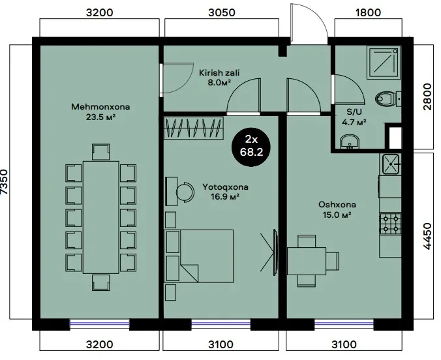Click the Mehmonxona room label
pyautogui.click(x=100, y=107)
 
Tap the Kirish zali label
pyautogui.click(x=219, y=73)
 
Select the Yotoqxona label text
pyautogui.click(x=225, y=187)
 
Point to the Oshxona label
pyautogui.click(x=337, y=205)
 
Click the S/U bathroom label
pyautogui.click(x=354, y=112)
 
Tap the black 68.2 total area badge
pyautogui.click(x=251, y=147)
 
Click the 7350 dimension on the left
pyautogui.click(x=5, y=182)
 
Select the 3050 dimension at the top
pyautogui.click(x=222, y=12)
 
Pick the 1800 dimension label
pyautogui.click(x=368, y=12)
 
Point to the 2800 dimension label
pyautogui.click(x=427, y=97)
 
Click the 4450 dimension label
pyautogui.click(x=427, y=236)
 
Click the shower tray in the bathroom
pyautogui.click(x=384, y=63)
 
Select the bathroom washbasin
pyautogui.click(x=349, y=142)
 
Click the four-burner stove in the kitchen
pyautogui.click(x=390, y=224)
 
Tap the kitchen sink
pyautogui.click(x=391, y=164)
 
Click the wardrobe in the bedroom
pyautogui.click(x=194, y=128)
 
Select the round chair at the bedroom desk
pyautogui.click(x=185, y=192)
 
